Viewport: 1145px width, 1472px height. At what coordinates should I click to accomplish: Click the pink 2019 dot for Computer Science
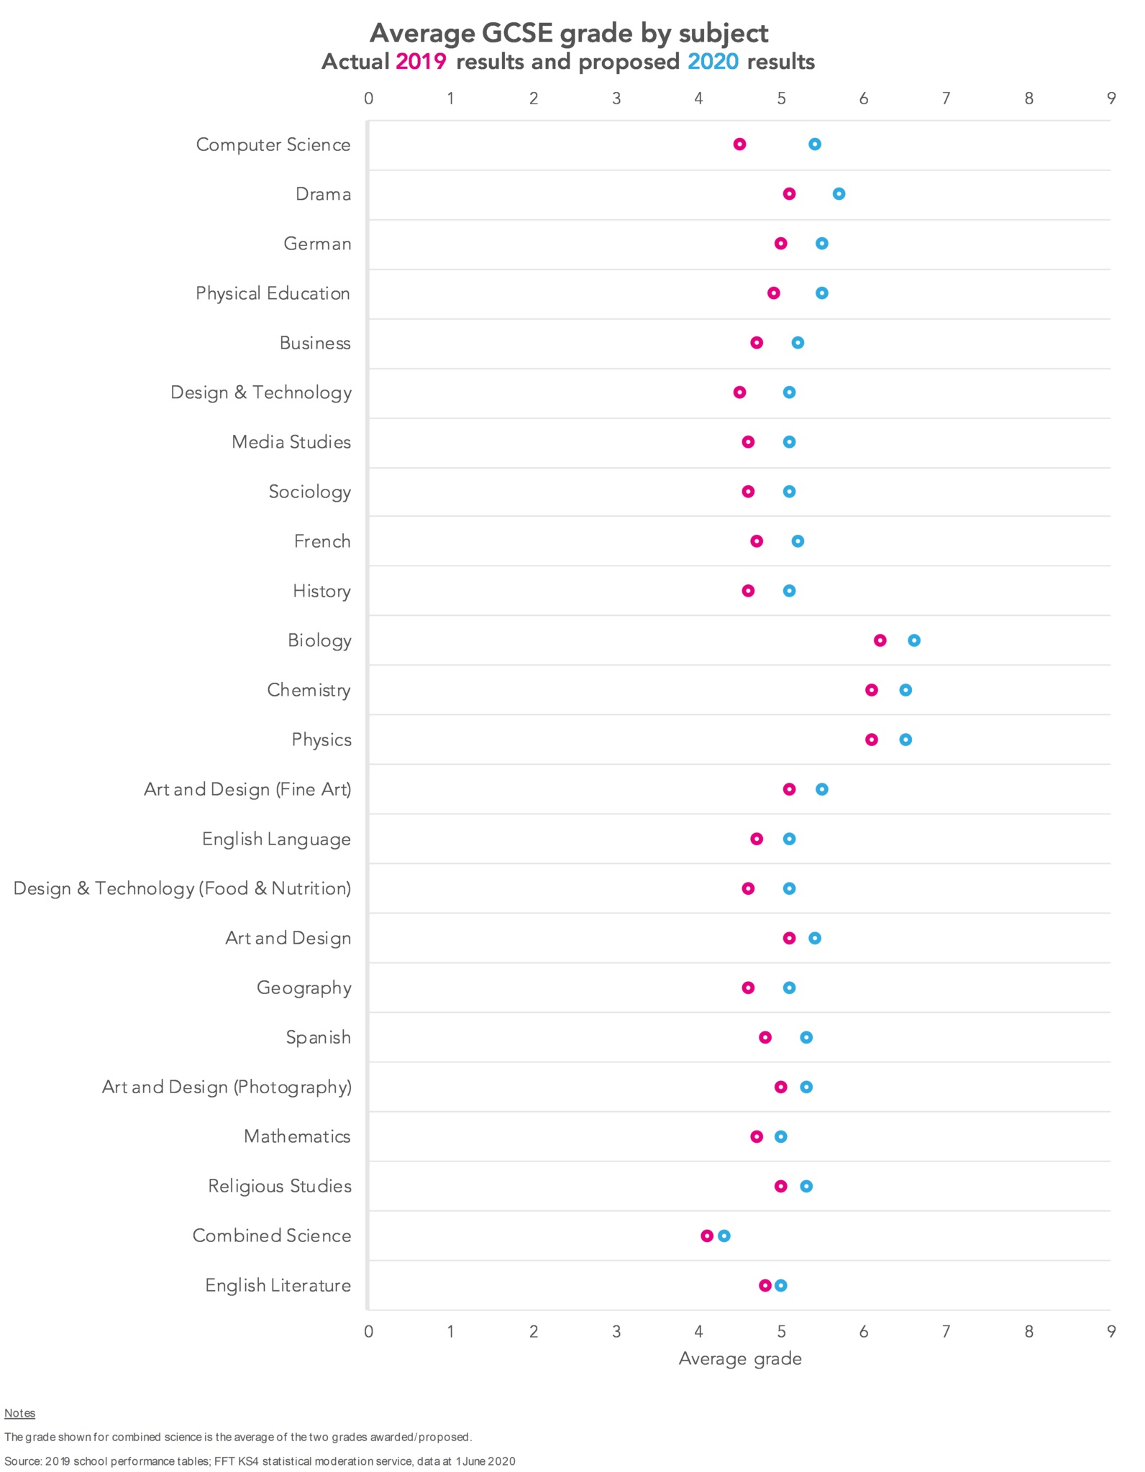[x=739, y=144]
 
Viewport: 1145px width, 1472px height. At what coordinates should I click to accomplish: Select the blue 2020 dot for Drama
[x=839, y=194]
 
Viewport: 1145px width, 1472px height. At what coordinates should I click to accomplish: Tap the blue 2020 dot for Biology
[x=914, y=640]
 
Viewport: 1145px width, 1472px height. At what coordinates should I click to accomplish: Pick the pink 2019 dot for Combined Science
[x=707, y=1236]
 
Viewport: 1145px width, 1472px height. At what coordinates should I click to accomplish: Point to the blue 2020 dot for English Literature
[x=781, y=1285]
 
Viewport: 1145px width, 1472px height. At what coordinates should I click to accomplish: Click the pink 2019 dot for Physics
[x=872, y=740]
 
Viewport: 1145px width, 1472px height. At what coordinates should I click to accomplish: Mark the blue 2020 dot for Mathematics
[x=781, y=1136]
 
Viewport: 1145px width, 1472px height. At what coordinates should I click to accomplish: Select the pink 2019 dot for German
[x=781, y=244]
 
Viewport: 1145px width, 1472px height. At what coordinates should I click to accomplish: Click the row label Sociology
[x=310, y=492]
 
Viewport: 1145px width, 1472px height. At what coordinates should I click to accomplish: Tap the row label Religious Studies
[x=280, y=1186]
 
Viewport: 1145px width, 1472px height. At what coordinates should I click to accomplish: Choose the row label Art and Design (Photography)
[x=227, y=1087]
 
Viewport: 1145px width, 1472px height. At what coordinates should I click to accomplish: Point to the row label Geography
[x=304, y=988]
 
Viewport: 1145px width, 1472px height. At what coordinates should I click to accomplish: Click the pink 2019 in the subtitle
[x=421, y=62]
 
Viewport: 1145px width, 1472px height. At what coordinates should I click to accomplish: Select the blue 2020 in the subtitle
[x=713, y=62]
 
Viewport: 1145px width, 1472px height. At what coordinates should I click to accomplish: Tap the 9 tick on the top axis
[x=1111, y=98]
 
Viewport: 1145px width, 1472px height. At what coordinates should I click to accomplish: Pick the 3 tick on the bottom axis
[x=616, y=1331]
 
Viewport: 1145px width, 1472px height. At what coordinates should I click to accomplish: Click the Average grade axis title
[x=740, y=1358]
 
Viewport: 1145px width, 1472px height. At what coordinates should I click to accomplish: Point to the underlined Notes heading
[x=20, y=1413]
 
